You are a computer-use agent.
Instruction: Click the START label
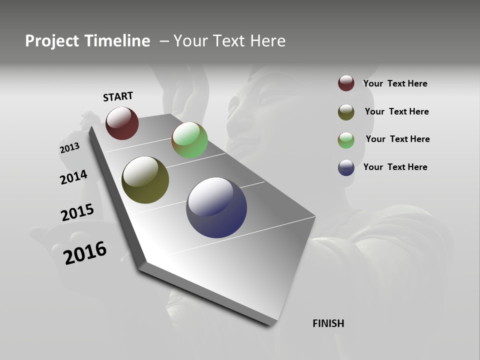[x=118, y=96]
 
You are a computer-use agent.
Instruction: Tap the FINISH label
[x=328, y=323]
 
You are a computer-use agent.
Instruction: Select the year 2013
[x=69, y=147]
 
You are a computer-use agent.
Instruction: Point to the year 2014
[x=73, y=177]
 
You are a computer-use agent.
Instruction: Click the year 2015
[x=77, y=212]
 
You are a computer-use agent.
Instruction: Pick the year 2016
[x=85, y=252]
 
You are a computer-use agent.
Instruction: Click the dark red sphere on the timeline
[x=122, y=123]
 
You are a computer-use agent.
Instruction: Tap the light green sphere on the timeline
[x=189, y=140]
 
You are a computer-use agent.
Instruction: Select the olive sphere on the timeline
[x=145, y=180]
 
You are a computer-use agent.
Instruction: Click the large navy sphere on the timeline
[x=216, y=207]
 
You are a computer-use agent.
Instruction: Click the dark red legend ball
[x=346, y=83]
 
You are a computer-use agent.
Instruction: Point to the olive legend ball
[x=346, y=112]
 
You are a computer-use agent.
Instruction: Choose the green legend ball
[x=346, y=140]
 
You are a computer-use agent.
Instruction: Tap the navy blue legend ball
[x=346, y=167]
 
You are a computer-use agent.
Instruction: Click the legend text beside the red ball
[x=395, y=83]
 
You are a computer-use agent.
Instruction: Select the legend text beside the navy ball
[x=395, y=167]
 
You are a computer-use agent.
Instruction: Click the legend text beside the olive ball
[x=396, y=111]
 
